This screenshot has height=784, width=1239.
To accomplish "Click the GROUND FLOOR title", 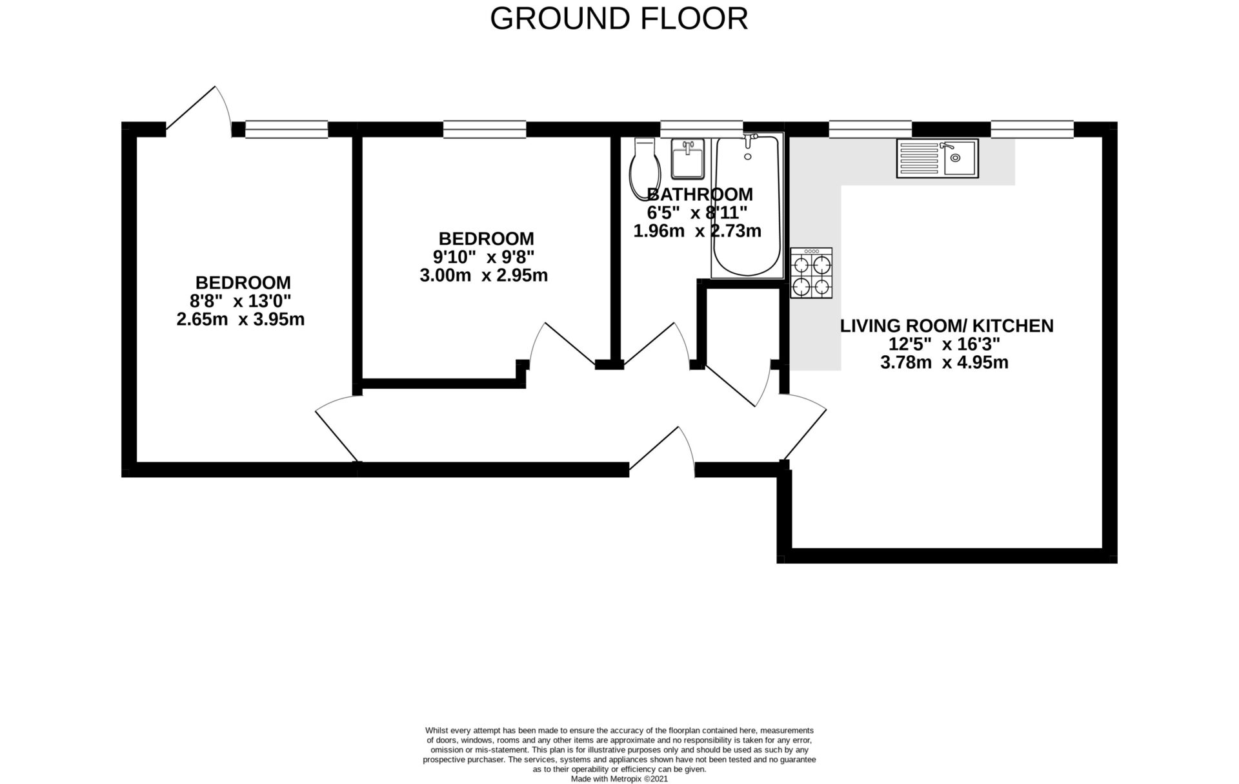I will [619, 19].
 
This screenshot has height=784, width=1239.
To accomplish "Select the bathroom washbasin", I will [687, 159].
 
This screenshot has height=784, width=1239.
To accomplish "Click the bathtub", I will [747, 207].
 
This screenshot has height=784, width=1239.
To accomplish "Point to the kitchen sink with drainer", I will [937, 158].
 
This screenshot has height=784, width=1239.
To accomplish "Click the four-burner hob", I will [811, 273].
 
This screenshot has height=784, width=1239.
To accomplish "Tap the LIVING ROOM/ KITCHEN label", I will [946, 325].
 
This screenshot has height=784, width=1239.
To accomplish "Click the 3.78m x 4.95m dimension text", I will [944, 362].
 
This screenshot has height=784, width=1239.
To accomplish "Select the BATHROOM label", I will [700, 194].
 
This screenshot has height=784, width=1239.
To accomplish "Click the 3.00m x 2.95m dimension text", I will [483, 276].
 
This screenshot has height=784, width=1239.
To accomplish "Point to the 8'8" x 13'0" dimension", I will [240, 301].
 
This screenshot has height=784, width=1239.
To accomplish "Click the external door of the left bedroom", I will [199, 111].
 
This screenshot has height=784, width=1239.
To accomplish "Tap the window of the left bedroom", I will [287, 129].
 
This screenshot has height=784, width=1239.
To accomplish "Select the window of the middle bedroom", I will [485, 129].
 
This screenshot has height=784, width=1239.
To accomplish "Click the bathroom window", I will [701, 129].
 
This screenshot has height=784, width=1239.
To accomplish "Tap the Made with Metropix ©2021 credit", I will [619, 779].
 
